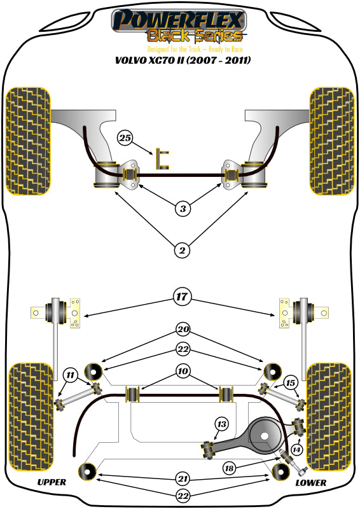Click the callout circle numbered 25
[125, 137]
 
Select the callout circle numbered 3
[182, 208]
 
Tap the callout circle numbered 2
[182, 251]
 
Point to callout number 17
[182, 296]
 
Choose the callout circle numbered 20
[183, 330]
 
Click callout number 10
[183, 370]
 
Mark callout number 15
[291, 382]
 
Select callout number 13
[221, 424]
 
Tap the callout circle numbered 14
[296, 449]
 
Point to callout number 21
[183, 478]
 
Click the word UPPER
[51, 483]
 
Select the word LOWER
[311, 483]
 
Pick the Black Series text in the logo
[195, 36]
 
